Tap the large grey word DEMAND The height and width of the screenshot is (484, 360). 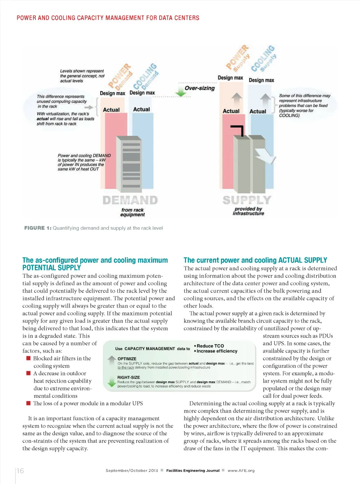pyautogui.click(x=130, y=200)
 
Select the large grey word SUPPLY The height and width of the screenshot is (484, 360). pyautogui.click(x=247, y=200)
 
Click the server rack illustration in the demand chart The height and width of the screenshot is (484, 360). pyautogui.click(x=129, y=164)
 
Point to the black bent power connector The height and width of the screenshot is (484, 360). pyautogui.click(x=237, y=130)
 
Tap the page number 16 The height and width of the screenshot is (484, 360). pyautogui.click(x=20, y=471)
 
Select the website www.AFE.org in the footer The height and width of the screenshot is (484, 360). pyautogui.click(x=241, y=471)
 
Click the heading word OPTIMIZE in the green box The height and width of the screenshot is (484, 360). pyautogui.click(x=127, y=359)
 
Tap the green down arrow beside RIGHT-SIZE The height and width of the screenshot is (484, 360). pyautogui.click(x=112, y=382)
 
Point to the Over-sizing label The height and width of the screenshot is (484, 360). pyautogui.click(x=200, y=88)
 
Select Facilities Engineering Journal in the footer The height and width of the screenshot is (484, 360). pyautogui.click(x=193, y=471)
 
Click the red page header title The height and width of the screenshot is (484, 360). pyautogui.click(x=108, y=18)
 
